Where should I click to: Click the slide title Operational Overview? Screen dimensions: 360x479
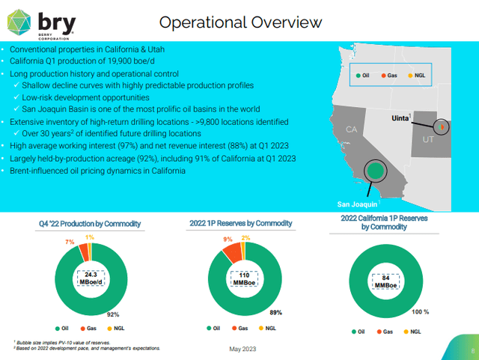click(x=241, y=22)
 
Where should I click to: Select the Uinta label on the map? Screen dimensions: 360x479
click(x=405, y=119)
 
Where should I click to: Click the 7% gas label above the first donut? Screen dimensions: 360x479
click(x=70, y=242)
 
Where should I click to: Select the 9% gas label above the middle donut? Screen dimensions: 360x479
click(x=228, y=240)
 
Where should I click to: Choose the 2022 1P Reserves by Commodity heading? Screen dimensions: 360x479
click(x=240, y=223)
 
